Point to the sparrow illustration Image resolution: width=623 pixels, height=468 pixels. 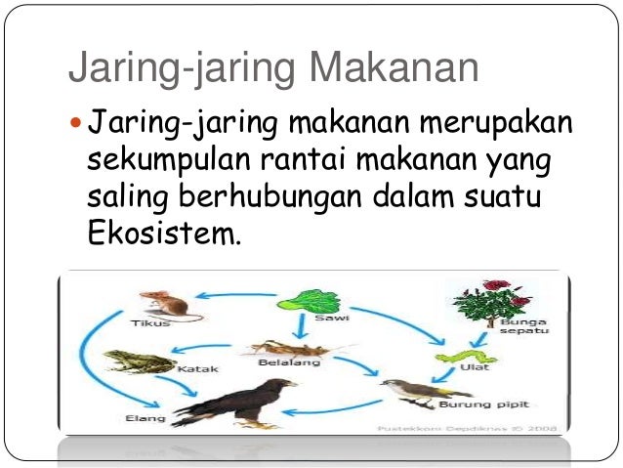[410, 390]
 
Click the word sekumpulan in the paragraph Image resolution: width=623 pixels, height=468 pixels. [163, 159]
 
